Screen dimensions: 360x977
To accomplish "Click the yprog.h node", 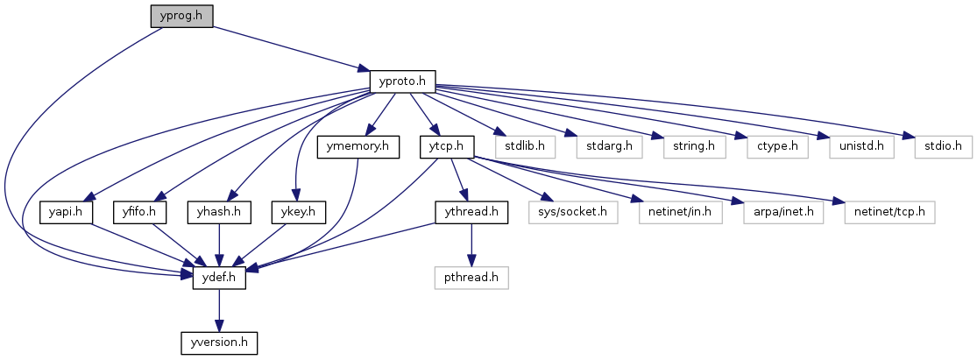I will tap(181, 16).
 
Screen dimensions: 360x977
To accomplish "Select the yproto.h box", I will tap(403, 81).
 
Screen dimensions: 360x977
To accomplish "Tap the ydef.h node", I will tap(219, 279).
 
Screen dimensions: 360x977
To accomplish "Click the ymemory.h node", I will tap(358, 146).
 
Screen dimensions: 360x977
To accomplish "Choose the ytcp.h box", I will tap(447, 146).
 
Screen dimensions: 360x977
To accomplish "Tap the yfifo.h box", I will tap(140, 212).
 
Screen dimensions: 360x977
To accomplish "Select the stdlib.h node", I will tap(524, 146).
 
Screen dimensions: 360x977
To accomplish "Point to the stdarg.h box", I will tap(605, 146).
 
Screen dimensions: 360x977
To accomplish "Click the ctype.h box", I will tap(771, 146).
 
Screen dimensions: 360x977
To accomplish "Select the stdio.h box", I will tap(944, 146).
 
